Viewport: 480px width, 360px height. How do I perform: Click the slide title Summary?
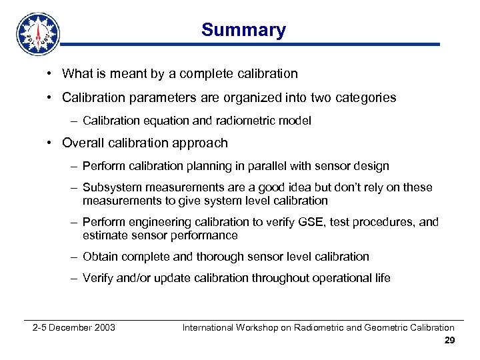[x=243, y=30]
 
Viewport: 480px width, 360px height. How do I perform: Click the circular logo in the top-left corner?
[x=38, y=33]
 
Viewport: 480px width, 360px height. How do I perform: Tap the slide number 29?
[x=449, y=341]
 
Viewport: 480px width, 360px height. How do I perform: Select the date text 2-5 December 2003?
[x=74, y=327]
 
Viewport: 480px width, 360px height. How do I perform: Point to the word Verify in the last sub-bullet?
[x=98, y=278]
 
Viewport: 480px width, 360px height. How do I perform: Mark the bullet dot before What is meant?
[x=50, y=73]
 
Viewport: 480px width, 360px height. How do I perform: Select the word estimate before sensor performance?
[x=103, y=235]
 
